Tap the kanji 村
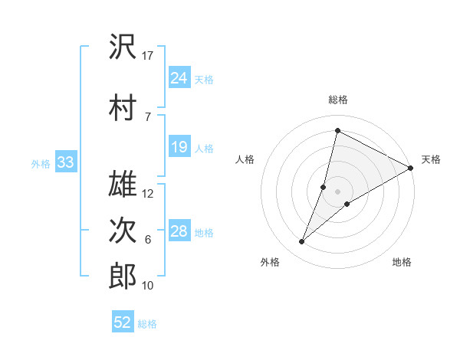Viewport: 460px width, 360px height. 123,108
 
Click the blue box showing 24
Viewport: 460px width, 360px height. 179,78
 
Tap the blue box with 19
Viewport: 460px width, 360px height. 179,147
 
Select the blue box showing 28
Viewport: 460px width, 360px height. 179,231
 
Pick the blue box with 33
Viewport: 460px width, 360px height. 65,162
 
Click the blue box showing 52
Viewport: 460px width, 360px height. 123,322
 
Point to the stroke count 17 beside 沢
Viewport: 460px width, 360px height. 148,55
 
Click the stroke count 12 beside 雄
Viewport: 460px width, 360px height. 148,194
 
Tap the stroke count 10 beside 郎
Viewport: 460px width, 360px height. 148,286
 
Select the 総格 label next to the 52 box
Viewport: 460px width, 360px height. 147,323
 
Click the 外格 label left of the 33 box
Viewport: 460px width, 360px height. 41,163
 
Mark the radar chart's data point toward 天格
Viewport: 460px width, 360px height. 411,168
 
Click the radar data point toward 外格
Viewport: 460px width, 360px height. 302,242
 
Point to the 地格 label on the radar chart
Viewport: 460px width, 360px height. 402,262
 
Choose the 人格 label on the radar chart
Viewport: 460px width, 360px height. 245,159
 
